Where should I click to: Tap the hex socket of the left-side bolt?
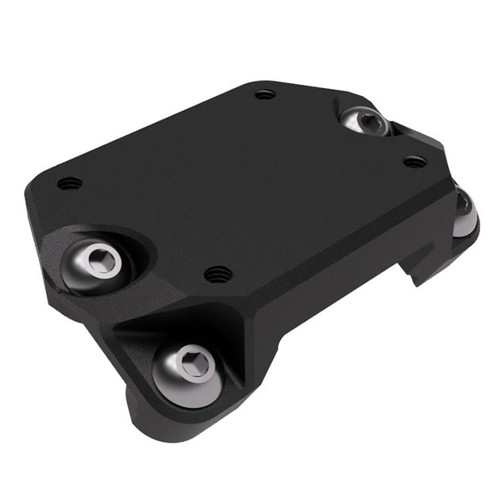[102, 260]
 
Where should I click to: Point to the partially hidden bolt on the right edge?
[465, 212]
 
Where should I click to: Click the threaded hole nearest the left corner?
[70, 183]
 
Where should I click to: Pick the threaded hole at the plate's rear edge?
[265, 94]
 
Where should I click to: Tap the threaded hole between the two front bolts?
[218, 275]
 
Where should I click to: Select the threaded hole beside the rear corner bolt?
[414, 162]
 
